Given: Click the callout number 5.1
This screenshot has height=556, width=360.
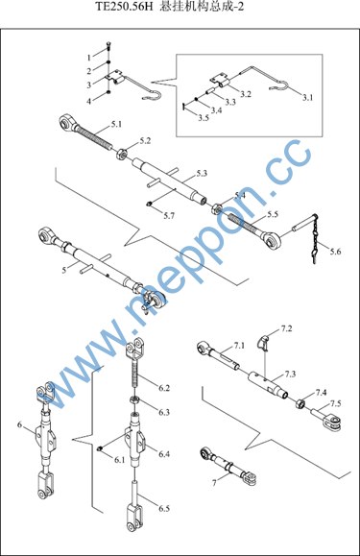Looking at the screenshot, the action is point(116,125).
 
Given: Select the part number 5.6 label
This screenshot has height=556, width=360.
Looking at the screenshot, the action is point(335,252).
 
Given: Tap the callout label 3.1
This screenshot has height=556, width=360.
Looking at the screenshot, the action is point(307,98).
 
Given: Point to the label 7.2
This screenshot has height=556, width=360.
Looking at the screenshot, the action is point(286,328).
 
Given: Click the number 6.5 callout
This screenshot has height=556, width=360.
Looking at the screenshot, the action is point(164,509).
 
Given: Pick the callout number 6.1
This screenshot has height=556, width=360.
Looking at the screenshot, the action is point(119,460).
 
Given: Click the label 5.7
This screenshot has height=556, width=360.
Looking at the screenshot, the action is point(169,216).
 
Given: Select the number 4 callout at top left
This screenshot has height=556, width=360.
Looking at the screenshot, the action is point(89,102).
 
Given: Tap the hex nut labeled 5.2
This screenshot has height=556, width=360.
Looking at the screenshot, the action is point(122,155).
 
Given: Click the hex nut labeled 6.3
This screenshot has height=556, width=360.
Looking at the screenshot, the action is point(134,400).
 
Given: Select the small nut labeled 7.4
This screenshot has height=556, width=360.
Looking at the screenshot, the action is point(300,403).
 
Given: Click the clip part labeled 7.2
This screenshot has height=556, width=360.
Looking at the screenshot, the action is point(263,341).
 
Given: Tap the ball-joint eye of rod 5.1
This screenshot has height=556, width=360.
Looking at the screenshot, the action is point(66,122).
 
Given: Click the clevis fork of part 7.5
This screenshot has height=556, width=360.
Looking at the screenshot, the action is point(333,422).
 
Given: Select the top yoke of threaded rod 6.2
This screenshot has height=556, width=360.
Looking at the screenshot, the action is point(135,348).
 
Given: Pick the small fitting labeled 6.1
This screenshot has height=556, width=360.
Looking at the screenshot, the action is point(100,448).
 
